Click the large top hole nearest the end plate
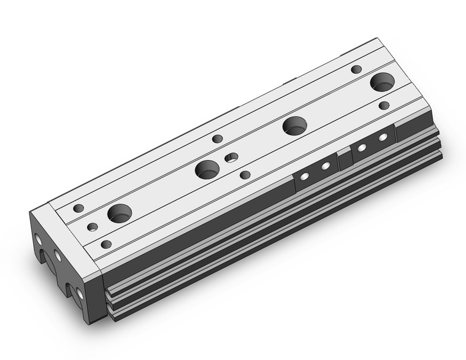tap(120, 213)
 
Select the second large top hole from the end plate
tap(207, 169)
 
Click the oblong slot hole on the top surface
tap(231, 158)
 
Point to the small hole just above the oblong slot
tap(217, 139)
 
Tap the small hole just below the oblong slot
tap(245, 175)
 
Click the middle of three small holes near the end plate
tap(93, 227)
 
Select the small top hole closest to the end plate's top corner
tap(78, 208)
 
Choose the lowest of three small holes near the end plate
tap(106, 244)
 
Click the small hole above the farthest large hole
tap(356, 69)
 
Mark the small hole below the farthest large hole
tap(384, 105)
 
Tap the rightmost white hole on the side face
tap(384, 137)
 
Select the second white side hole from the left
tap(326, 166)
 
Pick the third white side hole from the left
tap(362, 147)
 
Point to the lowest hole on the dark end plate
tap(80, 294)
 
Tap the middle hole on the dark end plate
tap(57, 255)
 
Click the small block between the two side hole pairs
tap(345, 158)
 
